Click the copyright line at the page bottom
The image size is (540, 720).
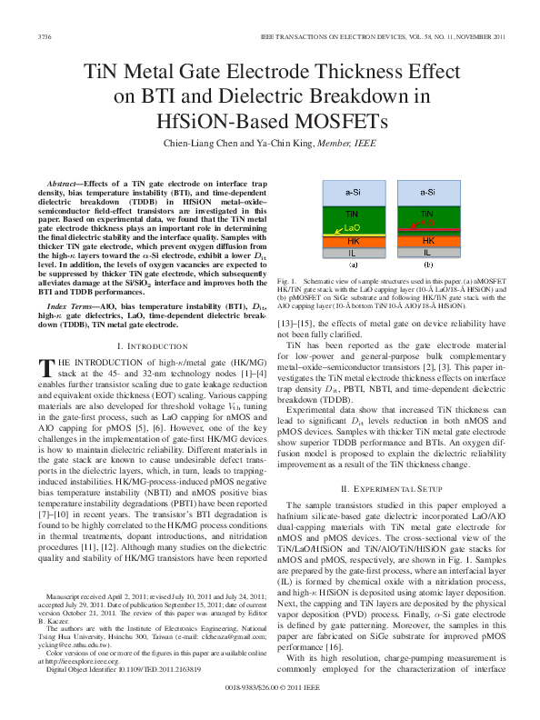[269, 689]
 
